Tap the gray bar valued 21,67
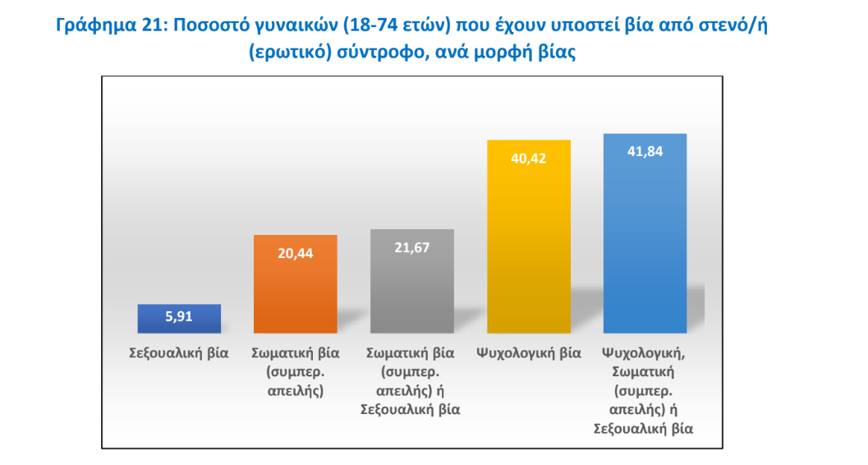[x=412, y=288]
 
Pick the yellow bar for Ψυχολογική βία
[x=529, y=246]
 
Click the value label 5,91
[x=179, y=317]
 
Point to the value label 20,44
[x=296, y=252]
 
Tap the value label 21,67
[x=412, y=246]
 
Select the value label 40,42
[x=529, y=158]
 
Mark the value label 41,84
[x=645, y=151]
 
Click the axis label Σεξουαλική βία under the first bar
[x=179, y=353]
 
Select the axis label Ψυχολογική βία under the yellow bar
[x=529, y=353]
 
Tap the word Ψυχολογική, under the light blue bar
[x=645, y=353]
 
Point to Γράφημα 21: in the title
[x=108, y=25]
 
